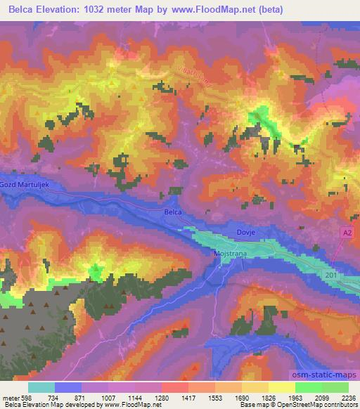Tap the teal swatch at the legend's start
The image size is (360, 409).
[x=41, y=387]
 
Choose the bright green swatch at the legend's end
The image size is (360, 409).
[x=335, y=387]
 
